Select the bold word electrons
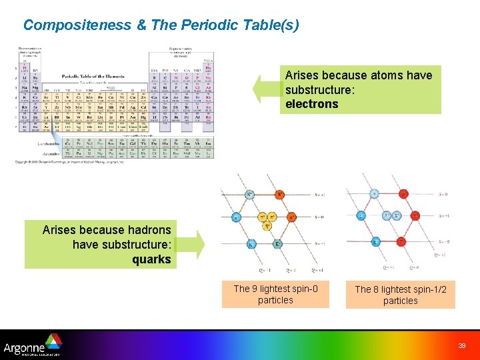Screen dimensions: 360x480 [311, 104]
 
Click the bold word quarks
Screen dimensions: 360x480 [151, 259]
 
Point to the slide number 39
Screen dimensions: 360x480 [462, 345]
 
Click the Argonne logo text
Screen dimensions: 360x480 [27, 347]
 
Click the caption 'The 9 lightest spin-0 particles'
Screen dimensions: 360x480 [275, 294]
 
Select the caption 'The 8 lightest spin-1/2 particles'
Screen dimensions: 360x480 [400, 295]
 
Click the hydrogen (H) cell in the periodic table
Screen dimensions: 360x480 [25, 68]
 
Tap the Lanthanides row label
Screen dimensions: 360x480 [47, 143]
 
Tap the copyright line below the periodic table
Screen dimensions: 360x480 [70, 162]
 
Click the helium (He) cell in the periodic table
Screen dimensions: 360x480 [208, 68]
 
